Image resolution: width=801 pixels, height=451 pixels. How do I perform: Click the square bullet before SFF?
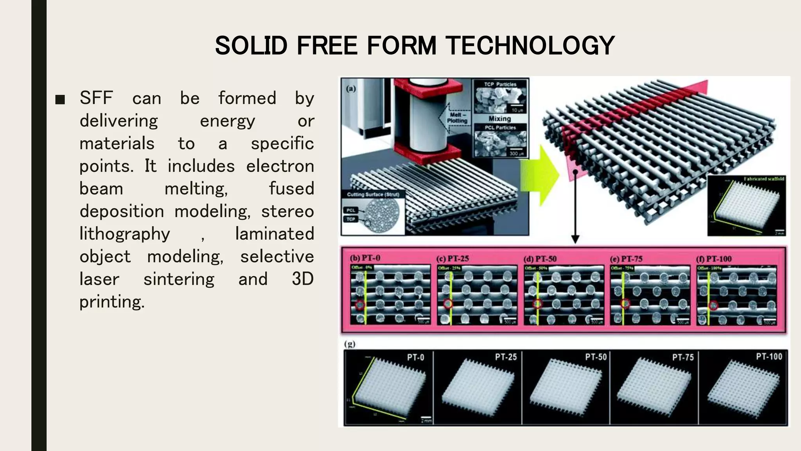60,99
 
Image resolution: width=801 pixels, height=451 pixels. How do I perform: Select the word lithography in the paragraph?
125,234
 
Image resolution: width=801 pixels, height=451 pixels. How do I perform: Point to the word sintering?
179,280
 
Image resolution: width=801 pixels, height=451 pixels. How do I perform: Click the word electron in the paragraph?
280,166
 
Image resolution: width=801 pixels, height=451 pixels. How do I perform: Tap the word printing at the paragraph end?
112,302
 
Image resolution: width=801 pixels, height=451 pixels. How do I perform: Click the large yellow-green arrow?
542,175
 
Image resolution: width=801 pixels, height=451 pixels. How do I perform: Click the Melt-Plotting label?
457,118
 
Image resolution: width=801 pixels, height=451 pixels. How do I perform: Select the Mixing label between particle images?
499,119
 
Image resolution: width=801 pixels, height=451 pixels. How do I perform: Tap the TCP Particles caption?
500,84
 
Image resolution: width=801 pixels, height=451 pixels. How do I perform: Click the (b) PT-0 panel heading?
365,258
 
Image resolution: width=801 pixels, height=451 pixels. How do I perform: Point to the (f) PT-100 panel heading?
714,259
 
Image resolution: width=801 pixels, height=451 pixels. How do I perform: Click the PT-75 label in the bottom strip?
683,357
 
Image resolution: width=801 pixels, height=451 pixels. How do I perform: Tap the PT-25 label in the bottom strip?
506,357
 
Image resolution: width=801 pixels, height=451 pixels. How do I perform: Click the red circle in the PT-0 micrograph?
360,305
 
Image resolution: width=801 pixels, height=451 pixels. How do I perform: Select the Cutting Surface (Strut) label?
373,194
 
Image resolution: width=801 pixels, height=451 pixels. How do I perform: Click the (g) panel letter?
350,344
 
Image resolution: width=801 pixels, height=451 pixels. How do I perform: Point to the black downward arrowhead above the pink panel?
575,239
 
